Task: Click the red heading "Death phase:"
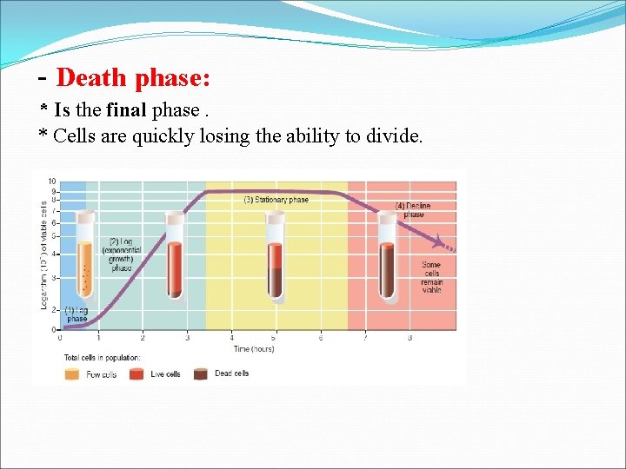tap(132, 78)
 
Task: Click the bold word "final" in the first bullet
tap(125, 110)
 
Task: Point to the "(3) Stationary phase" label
tap(276, 200)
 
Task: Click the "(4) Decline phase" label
tap(413, 210)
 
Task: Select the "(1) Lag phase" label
tap(77, 314)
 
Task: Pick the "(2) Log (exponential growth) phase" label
tap(121, 254)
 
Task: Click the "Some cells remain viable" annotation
tap(430, 277)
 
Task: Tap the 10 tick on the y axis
tap(52, 182)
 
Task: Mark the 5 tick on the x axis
tap(275, 338)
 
